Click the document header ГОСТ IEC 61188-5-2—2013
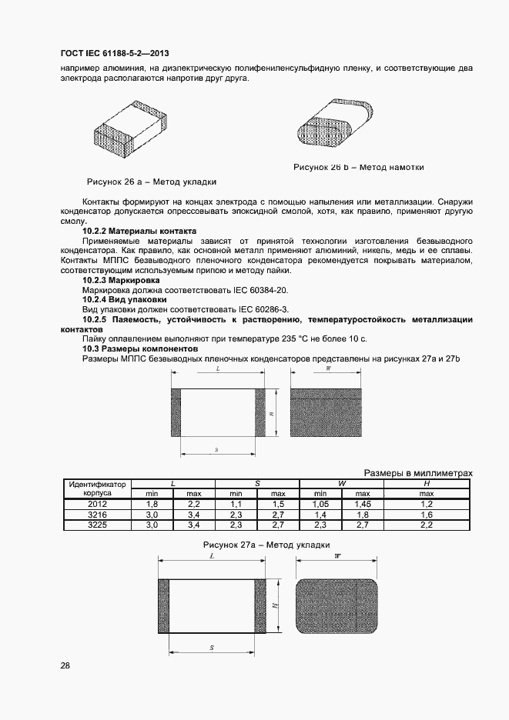(115, 53)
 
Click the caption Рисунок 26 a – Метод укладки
(152, 182)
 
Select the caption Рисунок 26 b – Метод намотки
(359, 167)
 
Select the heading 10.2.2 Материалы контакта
(139, 231)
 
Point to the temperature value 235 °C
(297, 338)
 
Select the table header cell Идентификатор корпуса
(97, 488)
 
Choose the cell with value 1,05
(320, 503)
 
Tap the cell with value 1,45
(363, 503)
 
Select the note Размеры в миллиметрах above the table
(417, 473)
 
